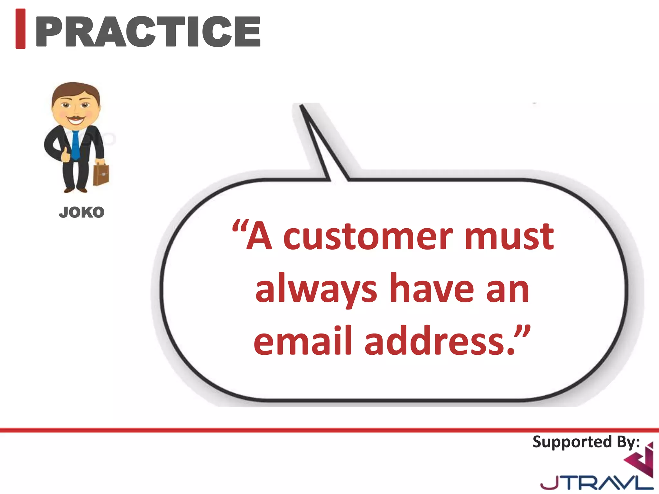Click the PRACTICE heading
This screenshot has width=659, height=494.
(x=148, y=32)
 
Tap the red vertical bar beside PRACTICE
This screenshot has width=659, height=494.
(x=21, y=29)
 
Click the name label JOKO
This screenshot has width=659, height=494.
(x=81, y=213)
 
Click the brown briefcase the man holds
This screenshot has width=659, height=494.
(x=101, y=174)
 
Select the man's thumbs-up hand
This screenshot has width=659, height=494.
(x=66, y=155)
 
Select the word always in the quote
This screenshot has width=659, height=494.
(x=316, y=289)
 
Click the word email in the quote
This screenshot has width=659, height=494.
(x=302, y=341)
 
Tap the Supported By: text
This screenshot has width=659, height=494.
(x=586, y=442)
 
